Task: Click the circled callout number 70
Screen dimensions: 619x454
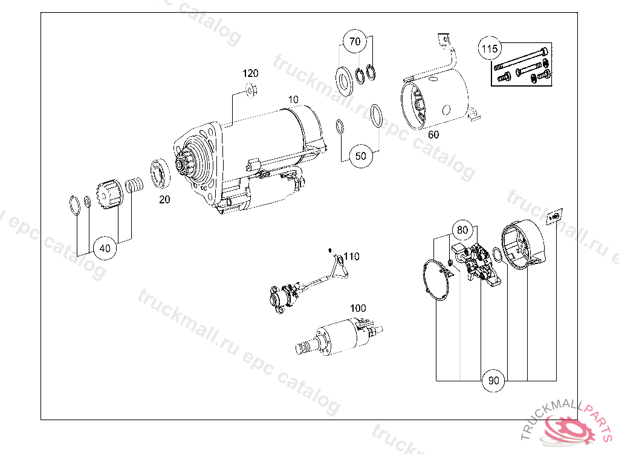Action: pos(355,41)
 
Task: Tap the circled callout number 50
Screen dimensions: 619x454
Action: pos(361,156)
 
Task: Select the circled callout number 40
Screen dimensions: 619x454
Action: pos(105,248)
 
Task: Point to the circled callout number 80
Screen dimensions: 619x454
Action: pos(462,230)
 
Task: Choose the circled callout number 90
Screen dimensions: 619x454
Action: pos(493,380)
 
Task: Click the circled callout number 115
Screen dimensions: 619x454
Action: pos(490,48)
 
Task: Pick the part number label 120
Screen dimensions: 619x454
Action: pos(250,73)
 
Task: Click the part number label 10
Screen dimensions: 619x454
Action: pos(293,100)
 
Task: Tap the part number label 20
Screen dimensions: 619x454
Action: pos(164,200)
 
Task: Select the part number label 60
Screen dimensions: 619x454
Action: pos(433,135)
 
